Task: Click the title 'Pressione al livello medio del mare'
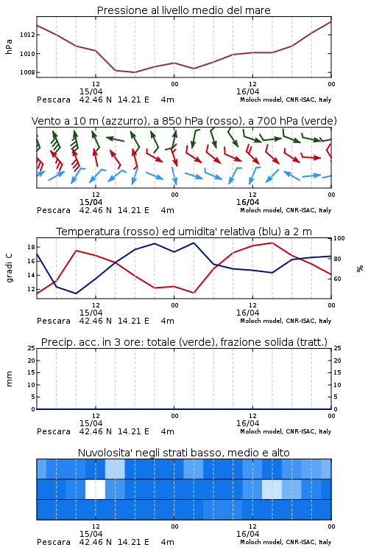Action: [x=183, y=10]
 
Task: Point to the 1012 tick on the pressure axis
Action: [x=27, y=35]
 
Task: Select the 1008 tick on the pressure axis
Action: [x=27, y=72]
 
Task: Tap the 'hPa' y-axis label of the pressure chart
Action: [x=9, y=46]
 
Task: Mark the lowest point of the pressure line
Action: [x=134, y=72]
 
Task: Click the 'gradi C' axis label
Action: [x=9, y=268]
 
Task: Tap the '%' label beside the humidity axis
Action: [x=360, y=268]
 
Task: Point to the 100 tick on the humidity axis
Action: [x=339, y=238]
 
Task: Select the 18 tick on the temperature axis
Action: [x=31, y=247]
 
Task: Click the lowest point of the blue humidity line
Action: [x=76, y=293]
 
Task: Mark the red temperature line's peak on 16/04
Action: [x=272, y=243]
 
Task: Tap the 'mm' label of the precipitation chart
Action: [x=9, y=379]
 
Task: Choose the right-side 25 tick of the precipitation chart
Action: [x=337, y=348]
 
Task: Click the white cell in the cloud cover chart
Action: [x=95, y=489]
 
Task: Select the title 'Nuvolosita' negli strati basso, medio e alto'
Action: [x=183, y=453]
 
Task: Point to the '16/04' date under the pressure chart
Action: [x=247, y=91]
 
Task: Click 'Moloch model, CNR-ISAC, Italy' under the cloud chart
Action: [x=286, y=542]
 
